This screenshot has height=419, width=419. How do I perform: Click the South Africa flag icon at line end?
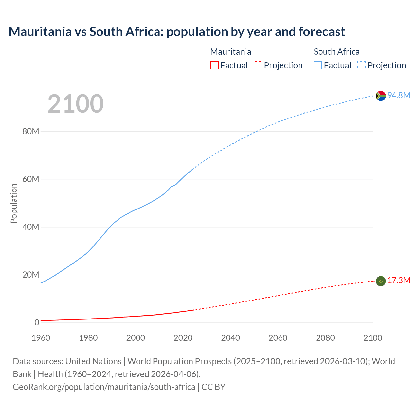coord(381,96)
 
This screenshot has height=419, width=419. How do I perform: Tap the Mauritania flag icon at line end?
coord(381,281)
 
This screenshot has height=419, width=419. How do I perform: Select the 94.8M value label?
coord(399,95)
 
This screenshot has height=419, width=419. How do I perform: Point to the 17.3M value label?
coord(399,281)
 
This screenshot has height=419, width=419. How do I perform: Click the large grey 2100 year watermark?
coord(76,104)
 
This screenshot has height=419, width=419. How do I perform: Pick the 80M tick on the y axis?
coord(31,132)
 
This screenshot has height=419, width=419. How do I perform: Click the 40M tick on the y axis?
coord(31,227)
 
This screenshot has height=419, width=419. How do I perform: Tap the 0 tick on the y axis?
coord(37,323)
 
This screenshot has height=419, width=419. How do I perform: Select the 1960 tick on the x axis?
coord(41,338)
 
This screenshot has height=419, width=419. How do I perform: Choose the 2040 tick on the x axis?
coord(230,338)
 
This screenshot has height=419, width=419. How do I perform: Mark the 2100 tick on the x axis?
coord(373,338)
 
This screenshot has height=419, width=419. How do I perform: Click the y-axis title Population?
coord(14,203)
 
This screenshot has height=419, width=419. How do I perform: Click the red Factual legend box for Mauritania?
coord(214,65)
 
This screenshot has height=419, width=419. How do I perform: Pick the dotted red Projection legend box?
coord(258,65)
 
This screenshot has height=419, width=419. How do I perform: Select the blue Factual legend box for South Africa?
coord(318,65)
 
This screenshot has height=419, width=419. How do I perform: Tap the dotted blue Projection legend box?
coord(362,65)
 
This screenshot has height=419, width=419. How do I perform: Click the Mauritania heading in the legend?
coord(231,52)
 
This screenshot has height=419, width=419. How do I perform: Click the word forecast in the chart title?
coord(322,32)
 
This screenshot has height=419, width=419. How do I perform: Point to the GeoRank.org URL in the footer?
coord(104,387)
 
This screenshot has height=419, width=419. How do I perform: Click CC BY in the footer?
coord(213,387)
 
